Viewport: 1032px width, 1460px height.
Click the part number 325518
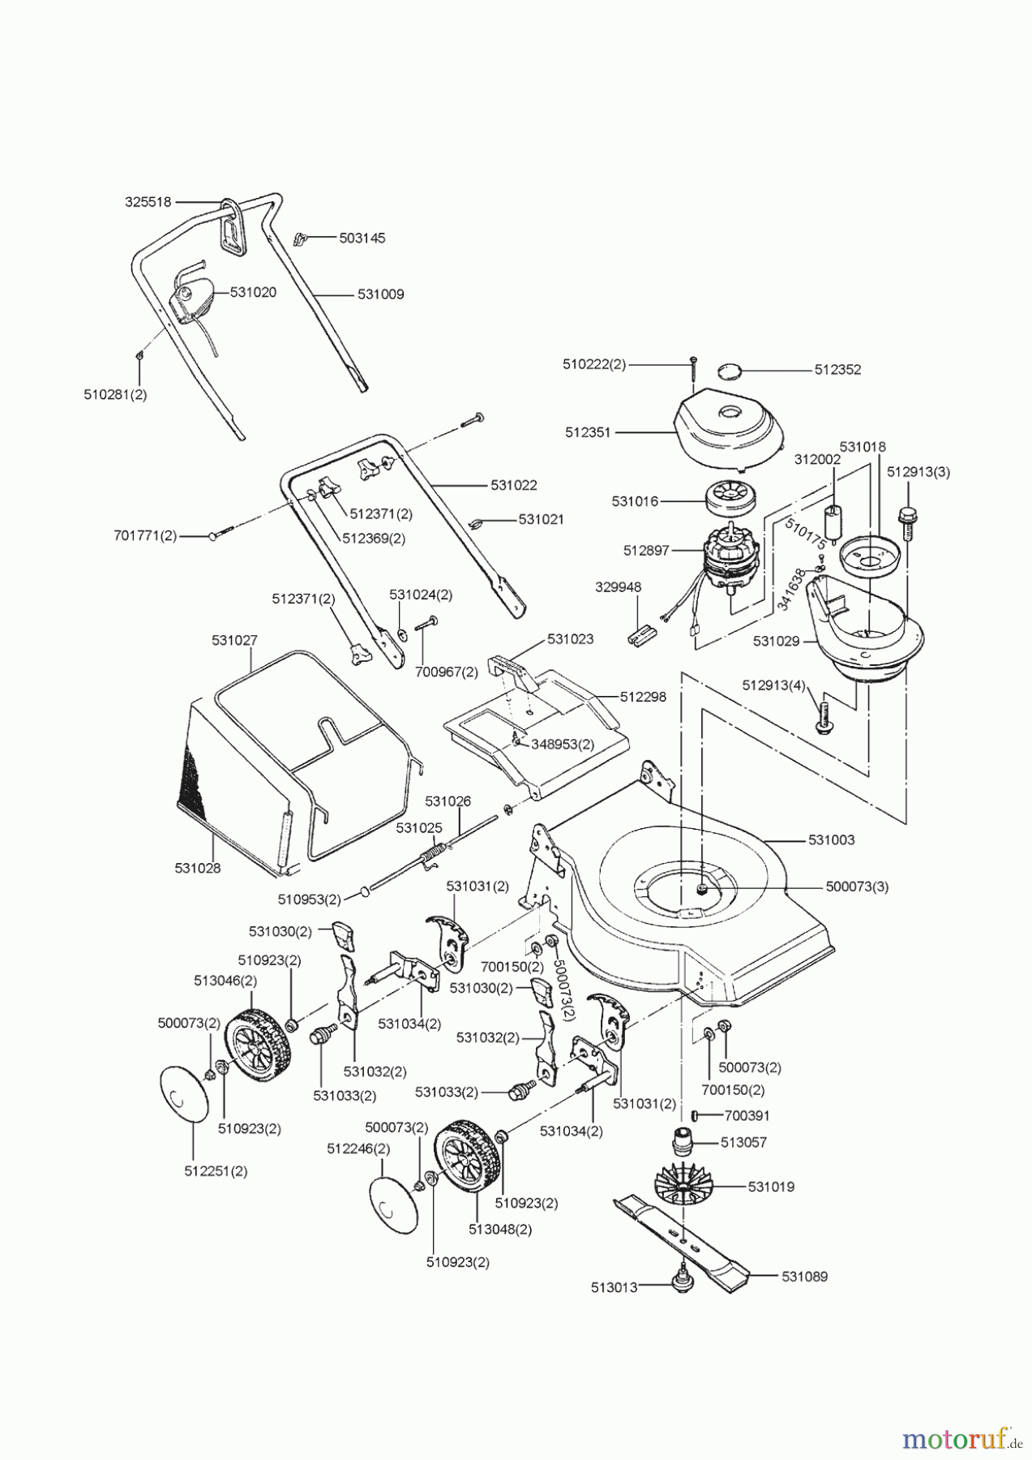pos(148,202)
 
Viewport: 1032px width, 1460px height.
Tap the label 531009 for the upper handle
pos(380,294)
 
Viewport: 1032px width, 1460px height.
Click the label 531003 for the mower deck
pos(831,840)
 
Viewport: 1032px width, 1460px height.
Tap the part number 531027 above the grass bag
pos(234,640)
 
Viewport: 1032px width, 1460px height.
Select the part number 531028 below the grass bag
pos(197,868)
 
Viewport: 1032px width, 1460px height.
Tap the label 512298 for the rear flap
pos(643,697)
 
